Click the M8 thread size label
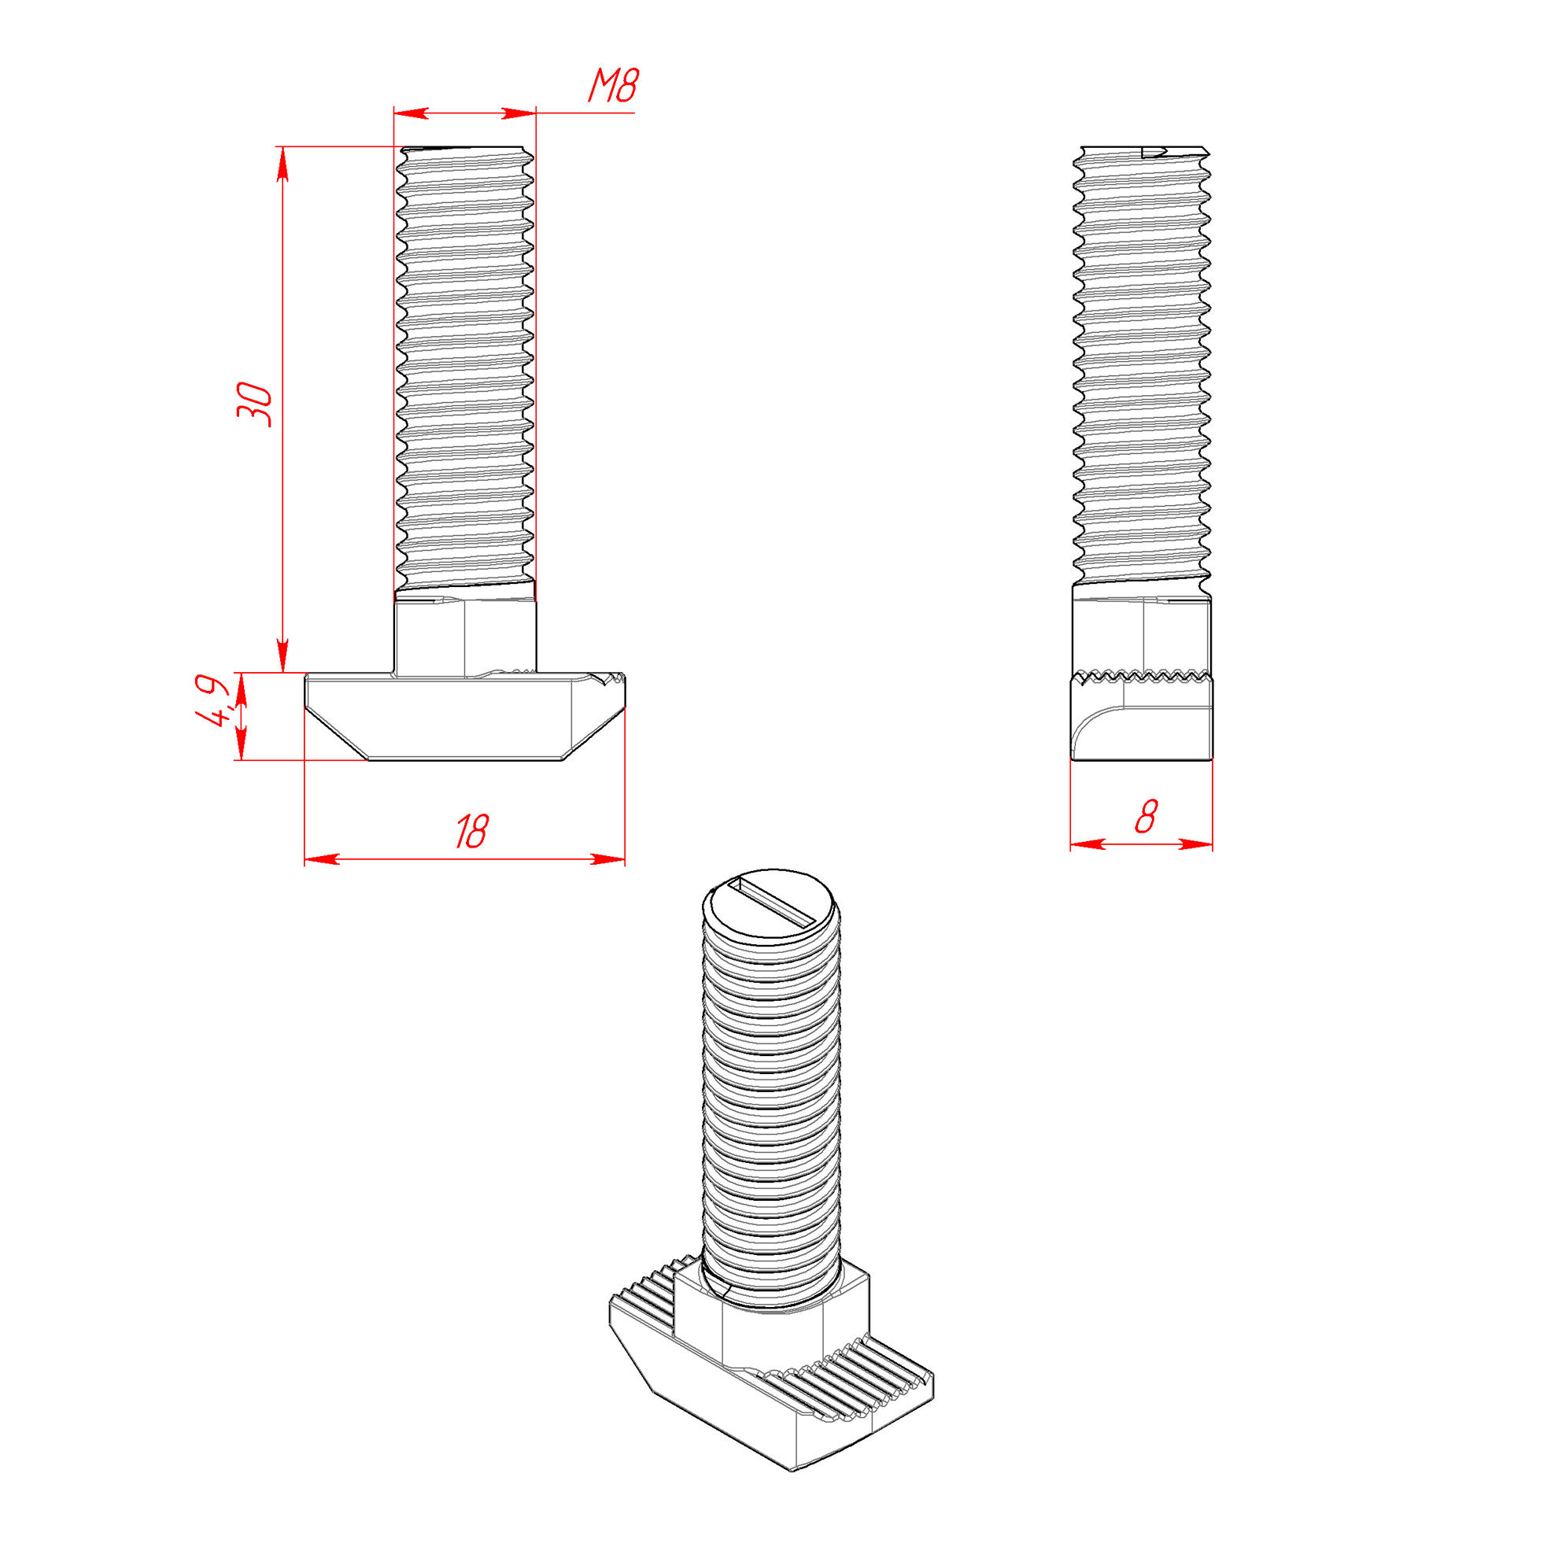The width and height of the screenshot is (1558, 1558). (613, 86)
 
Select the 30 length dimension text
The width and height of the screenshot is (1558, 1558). (255, 404)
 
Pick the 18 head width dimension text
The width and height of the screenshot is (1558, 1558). (472, 832)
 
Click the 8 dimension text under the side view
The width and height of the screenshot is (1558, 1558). (1146, 816)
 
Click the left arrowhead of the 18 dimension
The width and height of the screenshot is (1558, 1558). (322, 859)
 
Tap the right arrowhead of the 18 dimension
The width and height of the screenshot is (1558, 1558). (608, 859)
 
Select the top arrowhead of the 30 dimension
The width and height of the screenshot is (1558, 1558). (282, 164)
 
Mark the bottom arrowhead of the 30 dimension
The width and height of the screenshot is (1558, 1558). (282, 655)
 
